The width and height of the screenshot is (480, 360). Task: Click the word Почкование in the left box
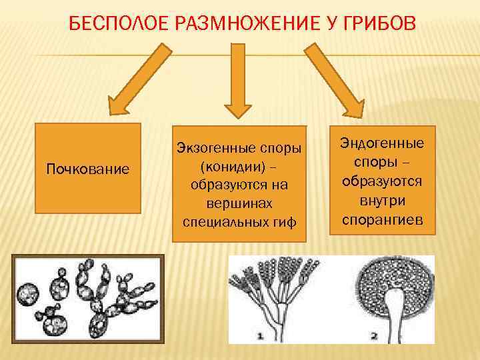pos(87,168)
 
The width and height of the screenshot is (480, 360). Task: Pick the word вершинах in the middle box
pos(239,201)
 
